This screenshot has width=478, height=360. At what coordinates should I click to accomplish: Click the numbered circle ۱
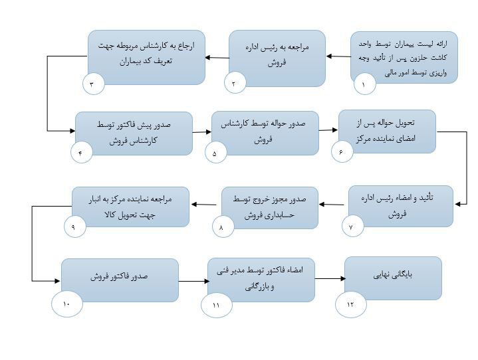pyautogui.click(x=364, y=84)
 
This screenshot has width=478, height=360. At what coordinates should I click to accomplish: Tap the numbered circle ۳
pyautogui.click(x=94, y=84)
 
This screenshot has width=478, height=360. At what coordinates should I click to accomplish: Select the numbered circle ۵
pyautogui.click(x=216, y=153)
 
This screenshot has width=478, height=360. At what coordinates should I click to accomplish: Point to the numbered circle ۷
pyautogui.click(x=353, y=226)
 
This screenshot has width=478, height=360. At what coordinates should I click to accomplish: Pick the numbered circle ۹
pyautogui.click(x=75, y=227)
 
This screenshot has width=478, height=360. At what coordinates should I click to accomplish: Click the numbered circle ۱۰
pyautogui.click(x=67, y=304)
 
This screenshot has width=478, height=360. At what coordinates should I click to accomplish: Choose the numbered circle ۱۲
pyautogui.click(x=351, y=304)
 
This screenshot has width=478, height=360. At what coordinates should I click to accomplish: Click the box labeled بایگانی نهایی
pyautogui.click(x=394, y=278)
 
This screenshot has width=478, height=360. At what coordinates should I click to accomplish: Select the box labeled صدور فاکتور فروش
pyautogui.click(x=120, y=280)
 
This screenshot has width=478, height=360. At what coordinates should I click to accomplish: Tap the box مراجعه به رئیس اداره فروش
pyautogui.click(x=277, y=58)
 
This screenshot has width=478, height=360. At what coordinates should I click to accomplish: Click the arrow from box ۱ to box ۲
pyautogui.click(x=338, y=56)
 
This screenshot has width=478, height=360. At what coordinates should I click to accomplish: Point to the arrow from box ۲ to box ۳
pyautogui.click(x=217, y=58)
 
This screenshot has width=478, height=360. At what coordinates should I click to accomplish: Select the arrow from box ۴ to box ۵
pyautogui.click(x=202, y=132)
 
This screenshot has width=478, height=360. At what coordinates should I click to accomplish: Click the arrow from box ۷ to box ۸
pyautogui.click(x=331, y=205)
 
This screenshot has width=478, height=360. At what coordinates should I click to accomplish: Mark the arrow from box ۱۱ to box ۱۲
pyautogui.click(x=330, y=278)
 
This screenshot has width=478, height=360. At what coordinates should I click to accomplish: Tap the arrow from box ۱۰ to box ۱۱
pyautogui.click(x=194, y=281)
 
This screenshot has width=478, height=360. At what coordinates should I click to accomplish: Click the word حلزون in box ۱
pyautogui.click(x=419, y=58)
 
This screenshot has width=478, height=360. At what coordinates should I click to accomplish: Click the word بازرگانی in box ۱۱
pyautogui.click(x=255, y=287)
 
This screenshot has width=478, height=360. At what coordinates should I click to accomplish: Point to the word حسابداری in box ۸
pyautogui.click(x=281, y=215)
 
